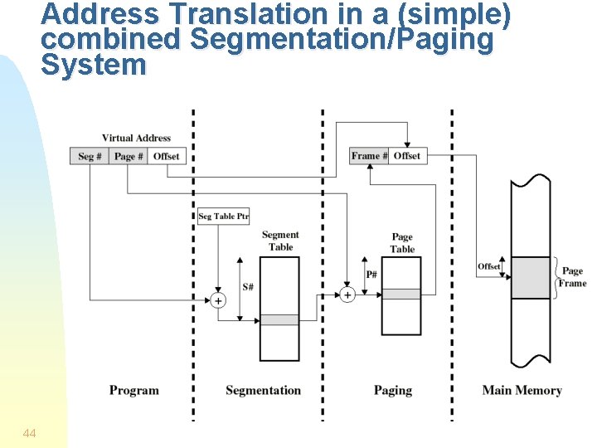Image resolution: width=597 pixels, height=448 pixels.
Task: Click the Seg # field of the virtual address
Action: pos(90,156)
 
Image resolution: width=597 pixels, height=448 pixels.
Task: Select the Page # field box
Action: pos(129,156)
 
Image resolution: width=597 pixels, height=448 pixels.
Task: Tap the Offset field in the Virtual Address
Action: pos(166,156)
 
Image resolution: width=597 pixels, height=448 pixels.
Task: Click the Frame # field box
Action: pos(369,156)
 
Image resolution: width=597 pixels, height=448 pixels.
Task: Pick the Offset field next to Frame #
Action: pos(407,156)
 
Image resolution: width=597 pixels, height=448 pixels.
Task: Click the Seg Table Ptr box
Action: pos(223,217)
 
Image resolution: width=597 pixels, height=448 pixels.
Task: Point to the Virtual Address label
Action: pos(136,139)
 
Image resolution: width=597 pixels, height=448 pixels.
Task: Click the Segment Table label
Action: pos(280,241)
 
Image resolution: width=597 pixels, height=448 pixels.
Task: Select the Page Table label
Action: pos(402,243)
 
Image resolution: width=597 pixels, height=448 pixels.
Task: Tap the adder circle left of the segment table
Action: pos(218,300)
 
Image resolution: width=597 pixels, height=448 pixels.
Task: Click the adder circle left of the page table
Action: pos(347,294)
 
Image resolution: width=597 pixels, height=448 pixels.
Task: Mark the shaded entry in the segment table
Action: pos(279,320)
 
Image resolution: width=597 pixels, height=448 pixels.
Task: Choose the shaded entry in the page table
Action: pos(401,294)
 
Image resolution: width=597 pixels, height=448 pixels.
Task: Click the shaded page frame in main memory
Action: pos(531,278)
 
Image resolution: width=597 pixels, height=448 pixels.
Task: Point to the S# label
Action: pos(248,287)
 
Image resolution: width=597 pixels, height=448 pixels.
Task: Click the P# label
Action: pos(371,275)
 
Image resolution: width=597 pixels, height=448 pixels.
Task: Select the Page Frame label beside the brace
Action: pos(572,277)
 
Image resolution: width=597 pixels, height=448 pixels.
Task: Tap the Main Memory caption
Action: pos(522,391)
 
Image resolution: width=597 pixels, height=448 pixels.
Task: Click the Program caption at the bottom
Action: pos(133,391)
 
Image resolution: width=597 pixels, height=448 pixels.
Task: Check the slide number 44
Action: pos(30,433)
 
